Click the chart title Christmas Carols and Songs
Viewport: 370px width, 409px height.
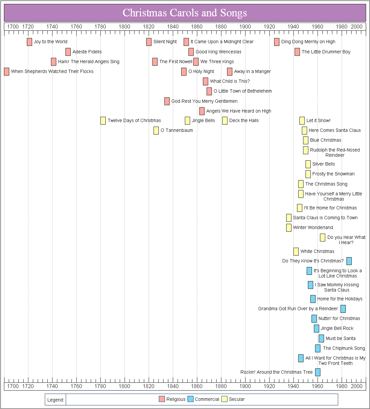(x=185, y=13)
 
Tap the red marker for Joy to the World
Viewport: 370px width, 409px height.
(x=29, y=42)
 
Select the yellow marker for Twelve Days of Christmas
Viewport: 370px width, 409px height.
(x=103, y=121)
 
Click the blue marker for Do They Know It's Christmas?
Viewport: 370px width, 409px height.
(x=349, y=261)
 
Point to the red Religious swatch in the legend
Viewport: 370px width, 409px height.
(x=162, y=399)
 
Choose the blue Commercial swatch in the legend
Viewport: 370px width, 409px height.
(x=190, y=399)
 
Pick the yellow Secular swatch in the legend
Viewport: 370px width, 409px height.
(x=224, y=399)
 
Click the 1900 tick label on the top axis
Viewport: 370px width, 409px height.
(x=245, y=27)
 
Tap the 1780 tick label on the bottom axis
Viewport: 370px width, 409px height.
(x=100, y=386)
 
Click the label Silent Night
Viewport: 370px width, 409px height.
(x=165, y=42)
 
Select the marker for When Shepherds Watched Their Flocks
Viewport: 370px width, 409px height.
(x=7, y=72)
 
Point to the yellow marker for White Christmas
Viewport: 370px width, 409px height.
(x=296, y=252)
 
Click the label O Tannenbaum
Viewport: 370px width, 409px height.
(x=177, y=131)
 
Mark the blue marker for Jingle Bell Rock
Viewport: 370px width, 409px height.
(x=316, y=329)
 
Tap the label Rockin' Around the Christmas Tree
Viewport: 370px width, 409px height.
(x=276, y=372)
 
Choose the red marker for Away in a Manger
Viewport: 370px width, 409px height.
(x=230, y=72)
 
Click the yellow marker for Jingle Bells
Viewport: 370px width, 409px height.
(x=187, y=121)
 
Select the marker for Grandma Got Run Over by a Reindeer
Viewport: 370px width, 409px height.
(x=343, y=309)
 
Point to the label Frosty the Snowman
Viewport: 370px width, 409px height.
(x=333, y=174)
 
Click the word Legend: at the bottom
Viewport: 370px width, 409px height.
(x=56, y=400)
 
